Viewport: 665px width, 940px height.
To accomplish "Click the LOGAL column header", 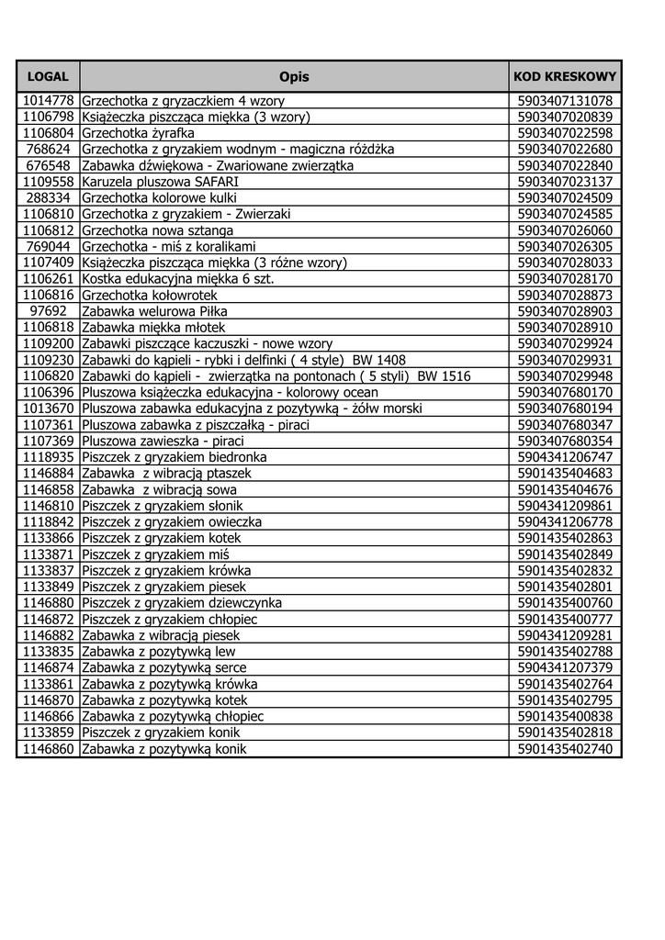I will click(x=48, y=77).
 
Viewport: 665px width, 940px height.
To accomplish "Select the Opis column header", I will click(x=294, y=77).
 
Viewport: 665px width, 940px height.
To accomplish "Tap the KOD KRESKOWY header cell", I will click(x=565, y=77).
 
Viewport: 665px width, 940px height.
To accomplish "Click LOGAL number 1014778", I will click(x=48, y=101).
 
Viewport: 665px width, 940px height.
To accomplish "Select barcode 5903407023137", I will click(x=565, y=182).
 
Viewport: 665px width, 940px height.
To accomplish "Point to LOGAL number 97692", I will click(x=48, y=311).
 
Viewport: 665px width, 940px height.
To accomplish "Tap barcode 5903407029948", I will click(x=565, y=376).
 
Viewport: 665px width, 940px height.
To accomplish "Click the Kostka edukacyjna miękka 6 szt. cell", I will click(x=178, y=279).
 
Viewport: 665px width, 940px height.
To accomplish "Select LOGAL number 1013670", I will click(x=48, y=408).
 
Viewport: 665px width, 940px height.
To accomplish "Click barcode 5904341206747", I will click(x=565, y=457).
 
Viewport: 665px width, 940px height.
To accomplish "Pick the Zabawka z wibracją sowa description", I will click(x=159, y=490).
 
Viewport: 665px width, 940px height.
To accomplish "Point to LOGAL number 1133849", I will click(x=48, y=587).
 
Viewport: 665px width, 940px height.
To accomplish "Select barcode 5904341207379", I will click(x=565, y=668).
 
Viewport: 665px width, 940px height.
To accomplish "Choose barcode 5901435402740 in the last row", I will click(x=565, y=749).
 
